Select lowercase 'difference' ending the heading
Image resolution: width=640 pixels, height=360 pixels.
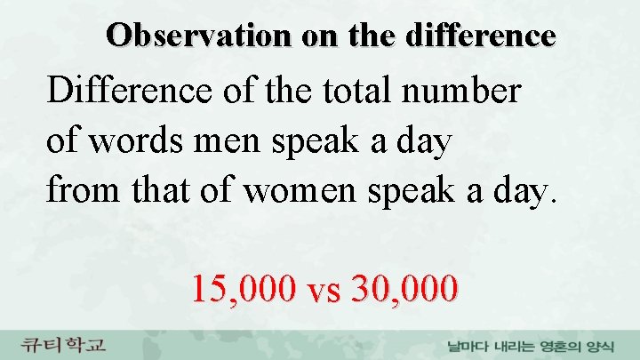[480, 35]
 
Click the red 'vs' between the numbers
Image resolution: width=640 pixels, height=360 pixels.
[325, 290]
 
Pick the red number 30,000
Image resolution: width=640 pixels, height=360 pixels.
[405, 288]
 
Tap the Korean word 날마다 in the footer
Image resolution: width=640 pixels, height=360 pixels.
[468, 346]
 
